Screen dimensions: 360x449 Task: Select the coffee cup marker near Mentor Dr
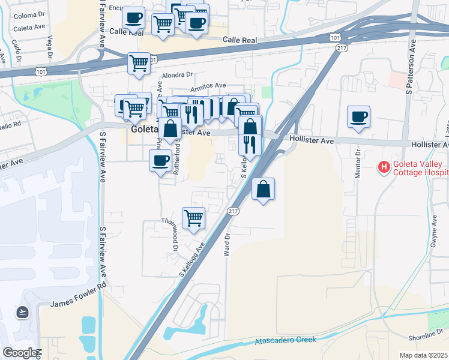click(x=359, y=116)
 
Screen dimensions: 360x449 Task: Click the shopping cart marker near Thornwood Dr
click(x=193, y=218)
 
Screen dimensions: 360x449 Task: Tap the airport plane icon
click(x=23, y=312)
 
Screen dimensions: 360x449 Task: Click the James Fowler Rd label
click(x=77, y=304)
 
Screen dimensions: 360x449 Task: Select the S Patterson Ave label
click(x=411, y=67)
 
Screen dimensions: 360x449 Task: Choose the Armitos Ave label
click(x=208, y=87)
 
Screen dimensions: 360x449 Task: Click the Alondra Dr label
click(x=176, y=75)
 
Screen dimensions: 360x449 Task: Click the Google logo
click(x=20, y=353)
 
